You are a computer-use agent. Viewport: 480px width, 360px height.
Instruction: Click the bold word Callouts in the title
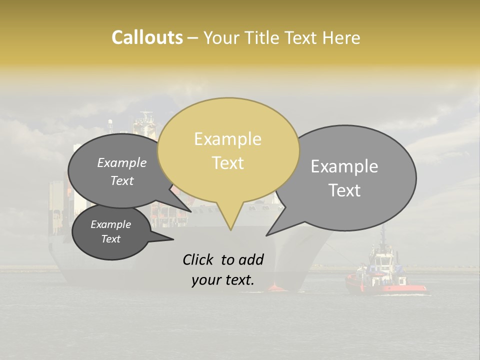(147, 37)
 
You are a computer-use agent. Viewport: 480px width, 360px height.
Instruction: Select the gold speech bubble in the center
(228, 150)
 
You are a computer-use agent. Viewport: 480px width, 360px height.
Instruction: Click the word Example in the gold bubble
(227, 139)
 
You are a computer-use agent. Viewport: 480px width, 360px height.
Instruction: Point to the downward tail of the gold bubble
(230, 220)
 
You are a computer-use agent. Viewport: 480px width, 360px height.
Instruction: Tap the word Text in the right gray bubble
(345, 190)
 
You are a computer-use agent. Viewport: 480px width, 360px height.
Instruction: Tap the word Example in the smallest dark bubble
(110, 224)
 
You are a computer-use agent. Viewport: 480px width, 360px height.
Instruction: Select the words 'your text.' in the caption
(223, 280)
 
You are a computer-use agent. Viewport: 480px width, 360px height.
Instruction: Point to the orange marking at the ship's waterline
(276, 288)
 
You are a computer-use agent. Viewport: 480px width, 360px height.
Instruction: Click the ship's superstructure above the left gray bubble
(145, 125)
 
